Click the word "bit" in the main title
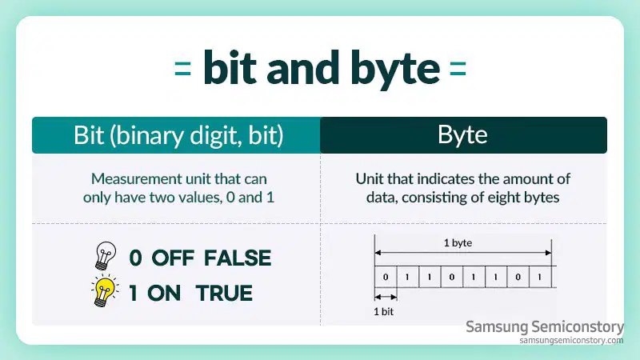click(230, 67)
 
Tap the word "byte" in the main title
click(395, 70)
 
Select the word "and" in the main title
click(303, 67)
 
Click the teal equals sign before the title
click(182, 69)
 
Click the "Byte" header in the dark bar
click(462, 134)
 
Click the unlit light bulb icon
click(106, 255)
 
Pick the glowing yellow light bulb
click(105, 290)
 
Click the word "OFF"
click(173, 258)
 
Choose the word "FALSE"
click(238, 258)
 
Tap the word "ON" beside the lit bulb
click(164, 293)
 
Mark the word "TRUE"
click(224, 293)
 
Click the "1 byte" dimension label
click(458, 243)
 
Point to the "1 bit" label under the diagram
click(384, 312)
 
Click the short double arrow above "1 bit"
click(386, 297)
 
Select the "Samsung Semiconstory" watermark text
click(545, 327)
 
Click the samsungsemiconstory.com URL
click(571, 341)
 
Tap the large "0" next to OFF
click(135, 258)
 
